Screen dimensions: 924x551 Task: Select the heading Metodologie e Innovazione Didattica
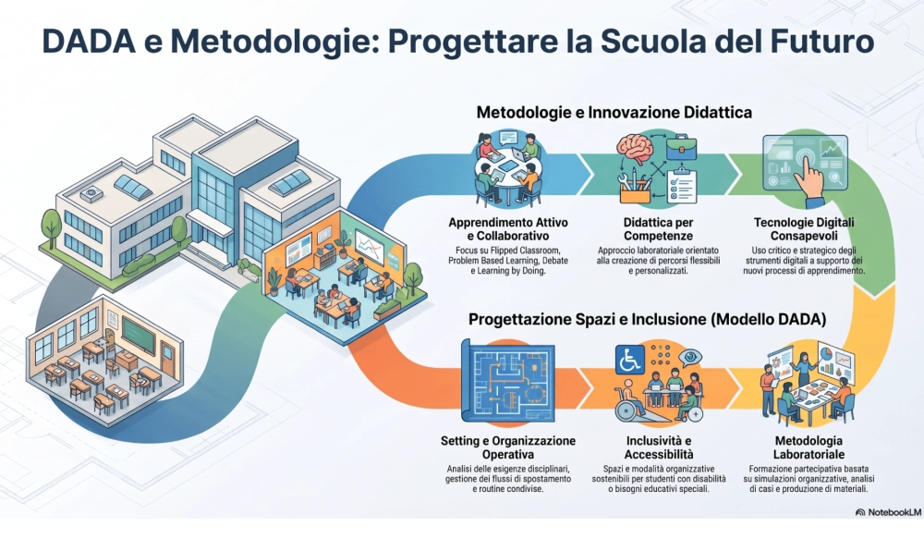click(x=614, y=112)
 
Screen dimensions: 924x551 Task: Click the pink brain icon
click(x=636, y=149)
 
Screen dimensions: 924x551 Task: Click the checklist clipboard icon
click(x=682, y=186)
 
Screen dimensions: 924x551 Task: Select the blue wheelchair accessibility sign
click(x=630, y=360)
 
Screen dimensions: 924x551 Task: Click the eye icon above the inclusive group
click(x=689, y=358)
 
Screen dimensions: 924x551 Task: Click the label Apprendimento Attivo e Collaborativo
click(x=508, y=229)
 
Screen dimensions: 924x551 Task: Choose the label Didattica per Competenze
click(x=658, y=229)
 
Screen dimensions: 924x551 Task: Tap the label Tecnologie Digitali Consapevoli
click(x=804, y=229)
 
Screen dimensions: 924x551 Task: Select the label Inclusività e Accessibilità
click(x=659, y=447)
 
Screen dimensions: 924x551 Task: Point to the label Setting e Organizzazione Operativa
click(x=508, y=447)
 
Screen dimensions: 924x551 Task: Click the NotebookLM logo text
click(x=889, y=512)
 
